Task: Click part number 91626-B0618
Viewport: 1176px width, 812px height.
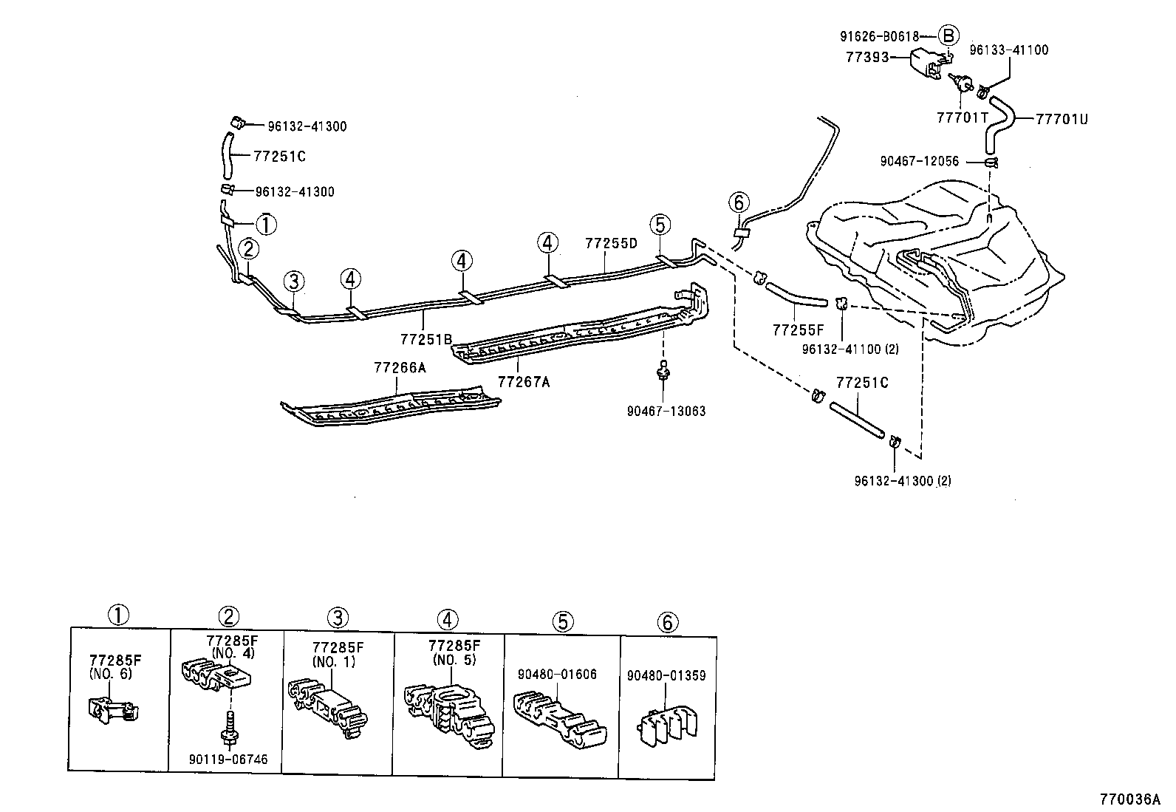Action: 879,35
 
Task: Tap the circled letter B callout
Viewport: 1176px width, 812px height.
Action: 948,35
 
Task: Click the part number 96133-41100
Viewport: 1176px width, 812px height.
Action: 1008,50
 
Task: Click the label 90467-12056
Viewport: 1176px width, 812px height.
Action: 919,161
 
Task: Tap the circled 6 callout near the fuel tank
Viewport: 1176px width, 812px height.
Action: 738,202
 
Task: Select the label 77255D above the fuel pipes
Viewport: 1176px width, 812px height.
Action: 610,242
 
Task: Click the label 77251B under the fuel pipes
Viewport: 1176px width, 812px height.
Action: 425,338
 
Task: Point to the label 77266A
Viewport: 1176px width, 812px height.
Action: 400,367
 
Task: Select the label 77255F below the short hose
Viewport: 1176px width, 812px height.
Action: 799,330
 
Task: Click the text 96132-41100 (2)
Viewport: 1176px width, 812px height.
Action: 850,349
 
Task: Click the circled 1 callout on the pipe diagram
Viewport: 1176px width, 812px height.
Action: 266,224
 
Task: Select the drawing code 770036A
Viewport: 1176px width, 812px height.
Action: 1129,799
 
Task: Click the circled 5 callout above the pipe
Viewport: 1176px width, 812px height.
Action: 660,224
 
